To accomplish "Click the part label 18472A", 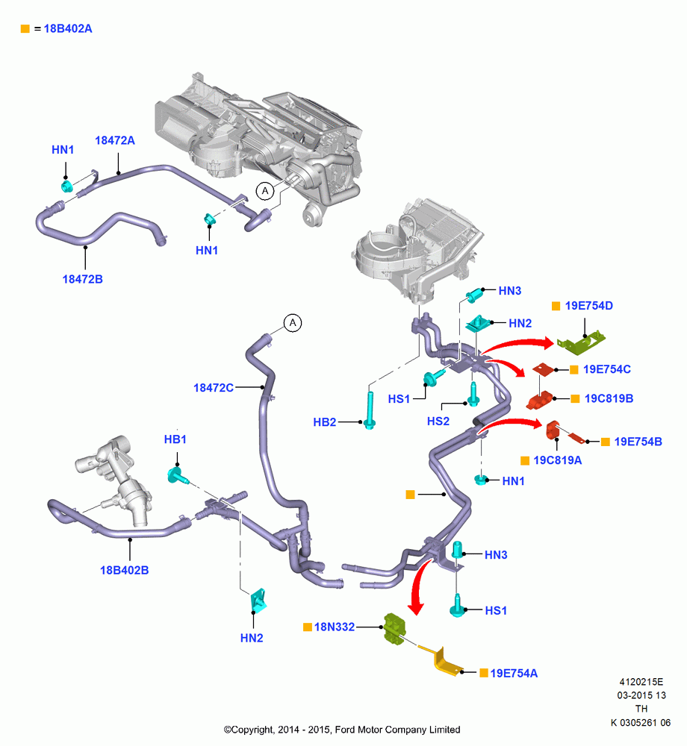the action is click(115, 140).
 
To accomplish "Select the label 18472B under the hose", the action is click(82, 279).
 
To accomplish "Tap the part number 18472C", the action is click(214, 388).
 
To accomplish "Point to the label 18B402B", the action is click(124, 570).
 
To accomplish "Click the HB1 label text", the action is click(175, 439).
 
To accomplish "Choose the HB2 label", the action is click(325, 422).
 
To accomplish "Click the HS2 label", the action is click(438, 421).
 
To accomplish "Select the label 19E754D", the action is click(589, 305).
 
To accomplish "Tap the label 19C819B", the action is click(609, 398).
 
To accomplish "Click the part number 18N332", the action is click(335, 627).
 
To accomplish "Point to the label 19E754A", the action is click(514, 673).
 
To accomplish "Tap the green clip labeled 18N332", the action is click(395, 629).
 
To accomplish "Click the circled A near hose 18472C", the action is click(293, 323).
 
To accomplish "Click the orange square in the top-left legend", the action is click(25, 29).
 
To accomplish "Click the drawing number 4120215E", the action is click(641, 682).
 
